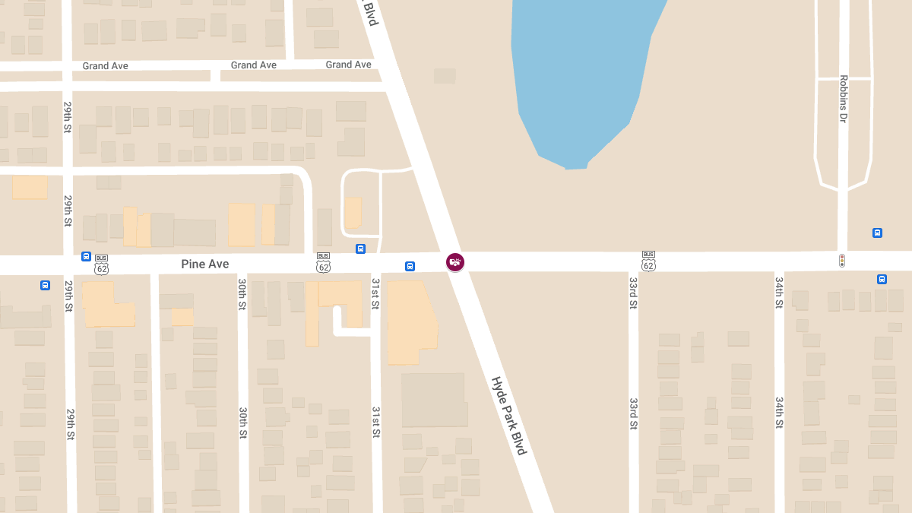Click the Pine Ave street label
[x=204, y=264]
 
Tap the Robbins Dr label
[x=844, y=99]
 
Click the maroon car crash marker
[x=455, y=262]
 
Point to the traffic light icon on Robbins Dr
[x=842, y=261]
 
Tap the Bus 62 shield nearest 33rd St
[x=648, y=261]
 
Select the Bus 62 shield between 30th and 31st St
[x=324, y=262]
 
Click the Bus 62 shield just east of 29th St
[x=102, y=264]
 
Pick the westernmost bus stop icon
[x=45, y=285]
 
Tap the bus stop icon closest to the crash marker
[x=410, y=266]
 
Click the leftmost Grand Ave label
[x=106, y=66]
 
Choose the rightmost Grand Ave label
[x=348, y=65]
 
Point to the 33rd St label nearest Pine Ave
[x=632, y=293]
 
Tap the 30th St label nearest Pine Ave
[x=242, y=294]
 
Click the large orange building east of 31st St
[x=411, y=323]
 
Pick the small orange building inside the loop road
[x=353, y=214]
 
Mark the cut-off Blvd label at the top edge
[x=371, y=13]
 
